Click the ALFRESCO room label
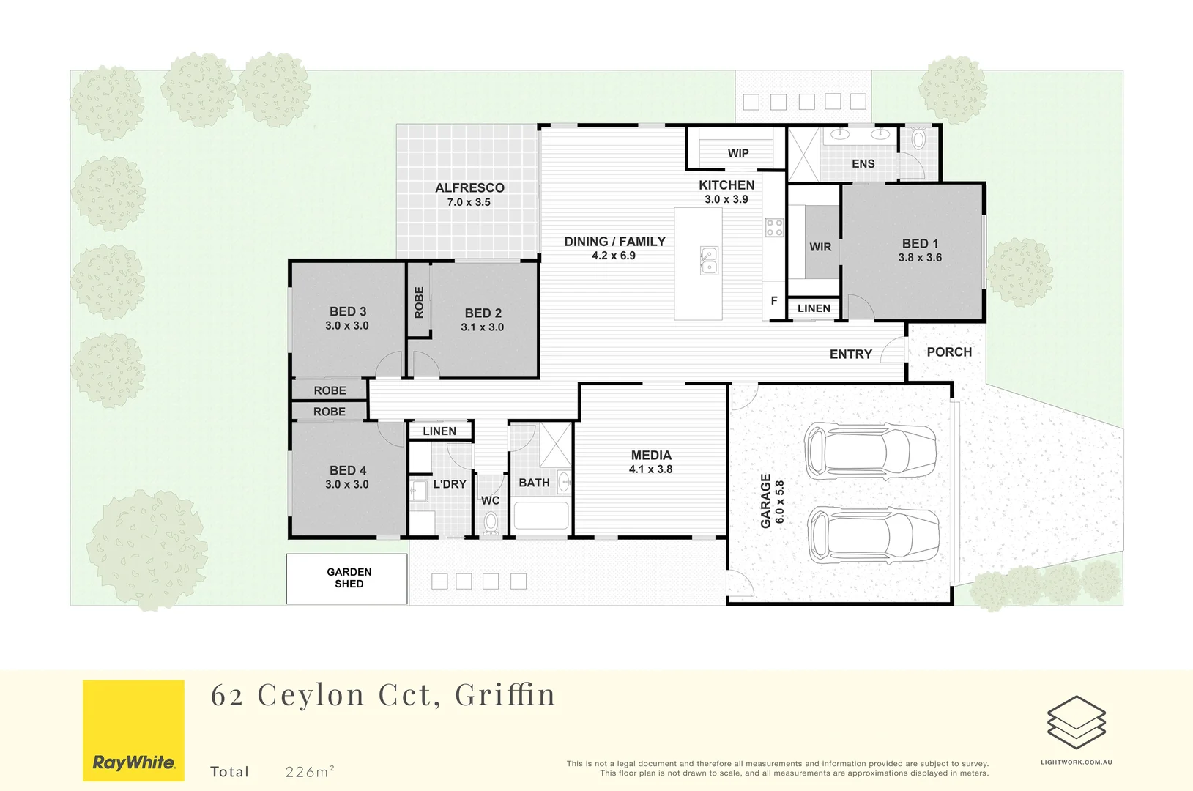coord(469,187)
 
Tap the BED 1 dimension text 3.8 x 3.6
coord(920,258)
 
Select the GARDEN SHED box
coord(346,579)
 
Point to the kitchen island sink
coord(709,260)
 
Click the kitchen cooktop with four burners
coord(774,228)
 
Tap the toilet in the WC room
coord(491,523)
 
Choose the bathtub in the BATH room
coord(541,515)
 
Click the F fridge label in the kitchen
coord(774,300)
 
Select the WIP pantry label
coord(738,153)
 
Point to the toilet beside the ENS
coord(918,138)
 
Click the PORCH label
coord(949,352)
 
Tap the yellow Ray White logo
coord(133,730)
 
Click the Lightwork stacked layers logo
coord(1077,722)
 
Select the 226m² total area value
coord(310,771)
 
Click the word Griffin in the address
coord(505,694)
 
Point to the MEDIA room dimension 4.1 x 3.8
coord(651,469)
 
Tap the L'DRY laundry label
coord(450,484)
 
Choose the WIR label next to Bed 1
coord(820,247)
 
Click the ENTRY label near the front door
coord(850,354)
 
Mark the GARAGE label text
coord(766,501)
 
